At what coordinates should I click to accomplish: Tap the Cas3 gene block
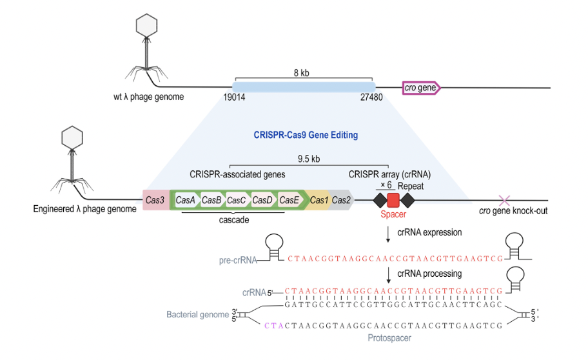(155, 200)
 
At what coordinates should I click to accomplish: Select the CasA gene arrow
(186, 200)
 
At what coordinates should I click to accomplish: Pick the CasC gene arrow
(237, 200)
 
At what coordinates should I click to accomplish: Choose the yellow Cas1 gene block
(318, 200)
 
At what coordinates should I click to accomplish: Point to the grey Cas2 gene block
(341, 200)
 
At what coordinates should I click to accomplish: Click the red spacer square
(393, 200)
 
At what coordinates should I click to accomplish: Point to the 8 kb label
(302, 73)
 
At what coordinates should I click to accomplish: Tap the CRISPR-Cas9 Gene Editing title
(306, 135)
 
